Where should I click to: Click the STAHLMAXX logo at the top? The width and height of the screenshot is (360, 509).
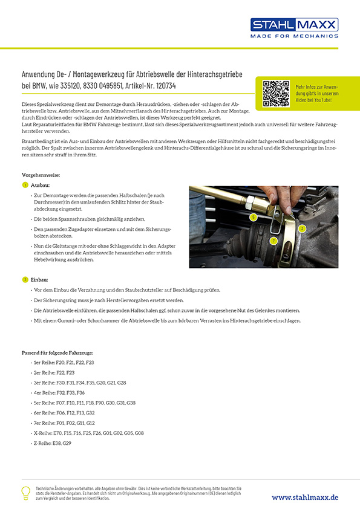[x=295, y=25]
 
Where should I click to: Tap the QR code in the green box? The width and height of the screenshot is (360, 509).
[x=275, y=92]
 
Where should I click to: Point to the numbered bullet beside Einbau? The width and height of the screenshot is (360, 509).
[x=25, y=280]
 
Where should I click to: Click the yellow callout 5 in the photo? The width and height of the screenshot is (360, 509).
[x=253, y=216]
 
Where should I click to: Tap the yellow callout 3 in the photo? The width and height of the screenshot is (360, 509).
[x=302, y=229]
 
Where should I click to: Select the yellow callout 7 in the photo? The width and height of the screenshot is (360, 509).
[x=273, y=241]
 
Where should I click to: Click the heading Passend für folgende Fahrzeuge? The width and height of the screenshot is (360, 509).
[x=57, y=352]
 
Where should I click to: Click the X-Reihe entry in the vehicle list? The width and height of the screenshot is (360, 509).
[x=88, y=433]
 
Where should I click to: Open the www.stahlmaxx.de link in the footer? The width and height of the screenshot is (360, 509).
[x=304, y=497]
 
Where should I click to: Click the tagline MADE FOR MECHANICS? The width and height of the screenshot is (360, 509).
[x=295, y=36]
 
